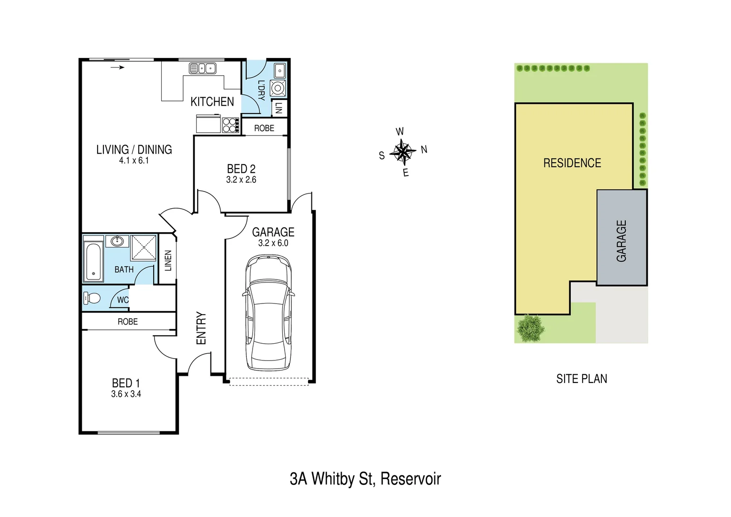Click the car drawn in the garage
268,313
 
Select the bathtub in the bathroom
93,262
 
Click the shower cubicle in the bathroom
144,247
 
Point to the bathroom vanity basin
117,241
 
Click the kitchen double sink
202,68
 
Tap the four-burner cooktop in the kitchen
231,125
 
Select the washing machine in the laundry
278,89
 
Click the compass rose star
403,152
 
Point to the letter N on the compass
424,149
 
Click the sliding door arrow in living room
118,67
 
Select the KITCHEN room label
212,102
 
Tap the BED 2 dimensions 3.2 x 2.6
241,180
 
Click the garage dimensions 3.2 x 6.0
273,243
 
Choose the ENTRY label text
201,328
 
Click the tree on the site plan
531,328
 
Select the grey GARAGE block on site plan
621,238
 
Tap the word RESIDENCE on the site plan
572,163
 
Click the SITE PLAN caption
581,379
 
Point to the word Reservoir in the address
410,479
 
